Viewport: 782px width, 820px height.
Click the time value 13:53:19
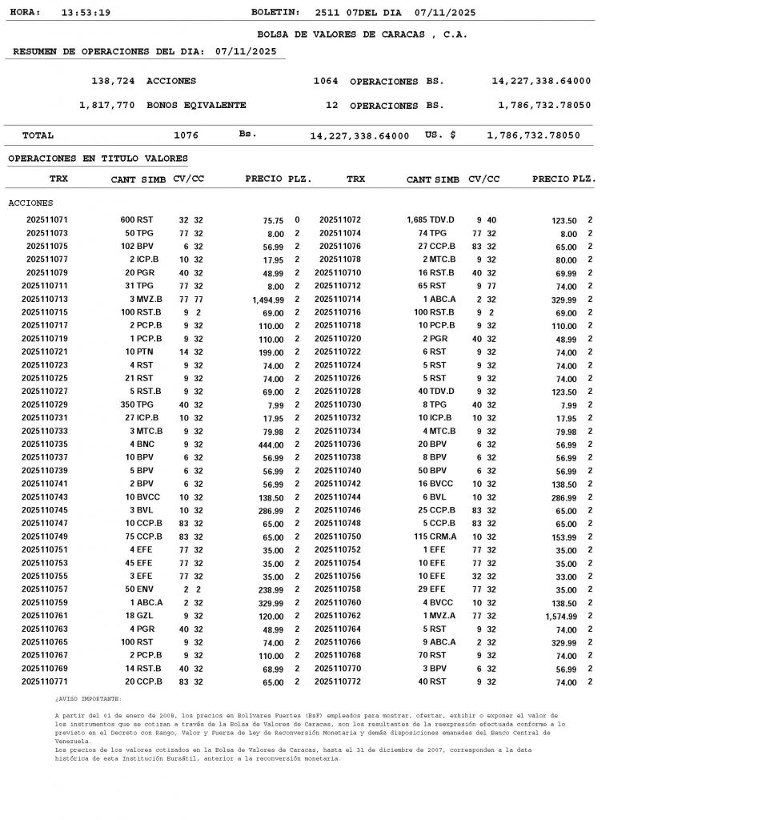pos(86,13)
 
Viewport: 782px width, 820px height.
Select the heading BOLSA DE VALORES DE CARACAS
pos(362,35)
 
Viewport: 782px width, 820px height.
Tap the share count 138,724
pos(114,82)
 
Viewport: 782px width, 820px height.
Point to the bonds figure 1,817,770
pos(107,106)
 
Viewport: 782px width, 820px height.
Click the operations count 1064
pos(326,82)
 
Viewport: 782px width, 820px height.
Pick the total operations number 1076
pos(186,136)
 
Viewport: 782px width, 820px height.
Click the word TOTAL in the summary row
pos(38,136)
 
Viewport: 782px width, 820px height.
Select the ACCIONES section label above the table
pos(30,203)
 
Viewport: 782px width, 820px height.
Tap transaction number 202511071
pos(47,220)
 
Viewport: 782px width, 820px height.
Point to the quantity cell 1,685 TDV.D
pos(431,220)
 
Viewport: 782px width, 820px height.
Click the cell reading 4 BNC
pos(143,444)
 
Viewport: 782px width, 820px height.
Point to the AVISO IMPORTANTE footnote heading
pos(88,699)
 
